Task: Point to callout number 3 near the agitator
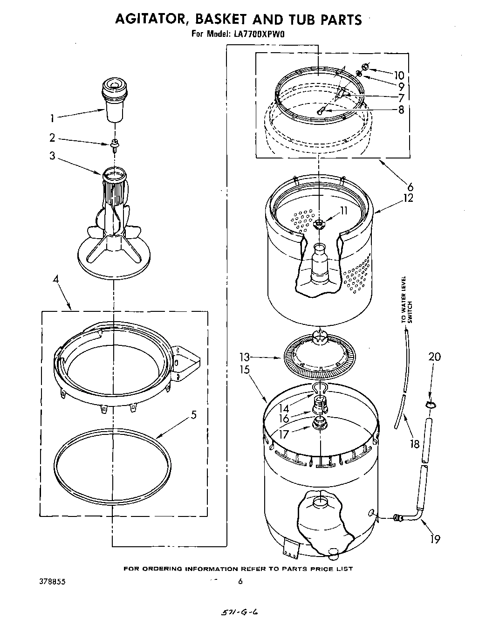click(53, 156)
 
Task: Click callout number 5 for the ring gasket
click(194, 414)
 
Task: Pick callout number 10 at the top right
click(398, 75)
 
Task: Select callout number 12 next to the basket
click(408, 198)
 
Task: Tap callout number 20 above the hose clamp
click(434, 357)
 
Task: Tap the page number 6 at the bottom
click(240, 581)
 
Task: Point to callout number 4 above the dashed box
click(55, 280)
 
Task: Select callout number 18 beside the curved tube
click(414, 444)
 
